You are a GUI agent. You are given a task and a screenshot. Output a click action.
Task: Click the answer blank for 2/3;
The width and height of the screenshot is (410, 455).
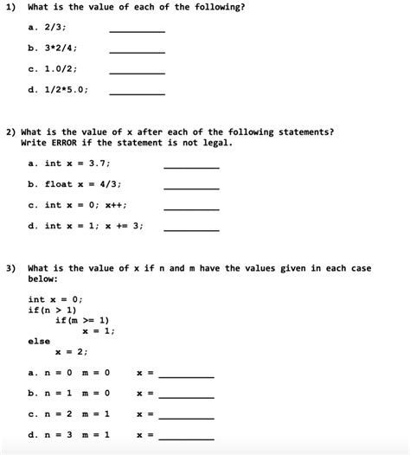point(136,30)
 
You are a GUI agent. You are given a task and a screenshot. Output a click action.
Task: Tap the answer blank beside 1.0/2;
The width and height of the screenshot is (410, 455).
point(136,73)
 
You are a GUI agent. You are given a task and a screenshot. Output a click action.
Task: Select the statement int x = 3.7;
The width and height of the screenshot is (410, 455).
point(77,163)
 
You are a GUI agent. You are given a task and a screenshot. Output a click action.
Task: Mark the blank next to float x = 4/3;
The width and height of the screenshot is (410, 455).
point(191,187)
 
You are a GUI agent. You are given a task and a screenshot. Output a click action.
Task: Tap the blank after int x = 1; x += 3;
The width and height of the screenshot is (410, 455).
point(191,228)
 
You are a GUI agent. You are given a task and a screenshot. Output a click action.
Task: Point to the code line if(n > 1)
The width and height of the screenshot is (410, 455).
point(52,310)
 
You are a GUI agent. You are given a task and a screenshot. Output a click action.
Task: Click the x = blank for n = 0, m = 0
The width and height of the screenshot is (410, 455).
point(186,375)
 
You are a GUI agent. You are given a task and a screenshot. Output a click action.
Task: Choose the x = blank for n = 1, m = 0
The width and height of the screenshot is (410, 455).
point(186,396)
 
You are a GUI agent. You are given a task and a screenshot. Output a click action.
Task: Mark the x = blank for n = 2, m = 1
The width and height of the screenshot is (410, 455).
point(186,417)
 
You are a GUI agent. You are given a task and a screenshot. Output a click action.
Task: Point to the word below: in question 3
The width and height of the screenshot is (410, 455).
point(44,279)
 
